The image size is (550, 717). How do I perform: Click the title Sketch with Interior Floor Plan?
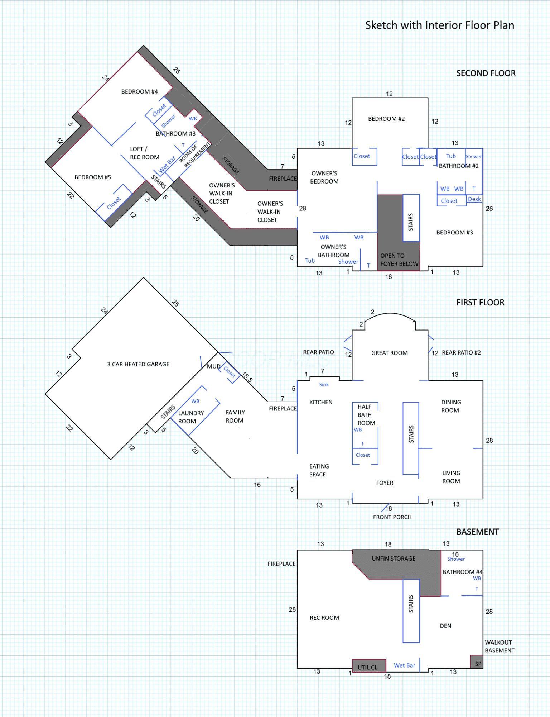tap(440, 25)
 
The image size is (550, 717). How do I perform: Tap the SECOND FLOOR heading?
tap(486, 73)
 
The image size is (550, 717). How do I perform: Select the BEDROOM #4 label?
tap(140, 92)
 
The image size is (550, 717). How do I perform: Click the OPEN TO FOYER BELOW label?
tap(399, 260)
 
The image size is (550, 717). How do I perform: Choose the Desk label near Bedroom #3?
tap(474, 199)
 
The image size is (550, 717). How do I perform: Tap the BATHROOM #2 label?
tap(459, 166)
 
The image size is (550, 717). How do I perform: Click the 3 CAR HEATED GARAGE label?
tap(138, 364)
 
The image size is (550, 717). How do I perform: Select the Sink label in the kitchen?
tap(324, 385)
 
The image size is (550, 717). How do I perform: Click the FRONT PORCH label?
tap(392, 517)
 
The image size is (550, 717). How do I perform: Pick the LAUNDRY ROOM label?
tap(191, 417)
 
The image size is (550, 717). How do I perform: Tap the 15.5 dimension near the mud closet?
tap(247, 377)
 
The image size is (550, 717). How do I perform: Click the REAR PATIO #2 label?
tap(461, 353)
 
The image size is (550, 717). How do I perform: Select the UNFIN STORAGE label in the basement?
tap(394, 559)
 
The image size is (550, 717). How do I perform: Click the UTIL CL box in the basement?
tap(369, 666)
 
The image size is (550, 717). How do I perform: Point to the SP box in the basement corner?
tap(477, 662)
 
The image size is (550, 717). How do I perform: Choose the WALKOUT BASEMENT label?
tap(500, 646)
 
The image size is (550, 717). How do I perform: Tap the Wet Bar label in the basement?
tap(405, 665)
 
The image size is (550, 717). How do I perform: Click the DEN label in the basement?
tap(445, 626)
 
